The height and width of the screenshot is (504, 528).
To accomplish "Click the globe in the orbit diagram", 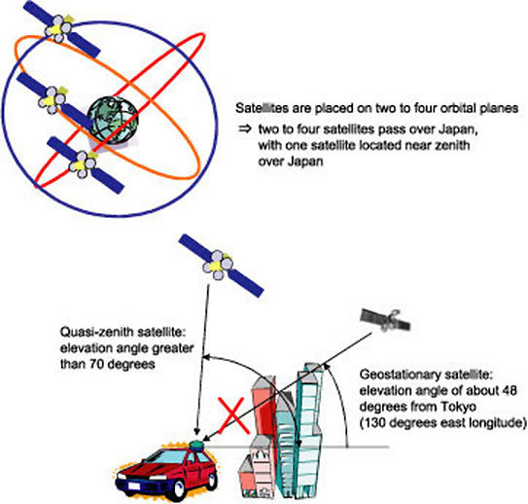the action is tap(113, 121).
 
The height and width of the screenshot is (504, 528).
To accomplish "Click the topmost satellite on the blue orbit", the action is tap(61, 29).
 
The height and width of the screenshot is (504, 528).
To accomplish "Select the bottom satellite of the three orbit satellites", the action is tap(86, 165).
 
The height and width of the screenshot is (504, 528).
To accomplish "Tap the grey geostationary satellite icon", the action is tap(386, 319).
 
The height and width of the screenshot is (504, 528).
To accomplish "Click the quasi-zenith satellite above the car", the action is tap(221, 266).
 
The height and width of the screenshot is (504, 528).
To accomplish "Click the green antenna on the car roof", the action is tap(197, 446).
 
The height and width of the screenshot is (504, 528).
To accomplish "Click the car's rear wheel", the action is tap(212, 481).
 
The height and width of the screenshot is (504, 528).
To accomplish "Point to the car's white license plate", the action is tap(134, 486).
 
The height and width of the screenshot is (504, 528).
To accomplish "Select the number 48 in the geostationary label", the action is tap(510, 391).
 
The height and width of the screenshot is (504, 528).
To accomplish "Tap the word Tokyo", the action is tap(460, 407).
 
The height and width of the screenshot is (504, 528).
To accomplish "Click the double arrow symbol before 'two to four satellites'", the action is tap(245, 129).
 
